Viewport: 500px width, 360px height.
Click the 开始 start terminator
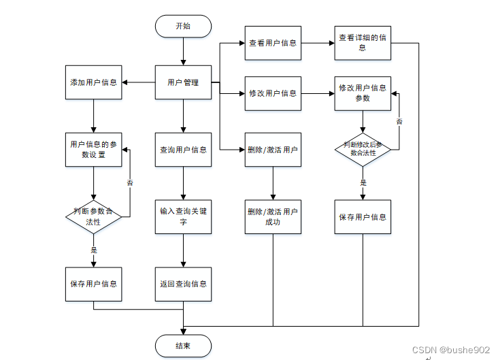pos(183,26)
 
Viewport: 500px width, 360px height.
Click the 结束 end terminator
pos(183,346)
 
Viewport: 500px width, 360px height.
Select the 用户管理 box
pos(183,82)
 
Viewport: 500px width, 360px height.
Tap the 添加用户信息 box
pos(93,82)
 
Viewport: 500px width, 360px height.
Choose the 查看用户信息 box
pos(273,43)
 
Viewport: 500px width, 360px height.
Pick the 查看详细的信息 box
pos(363,43)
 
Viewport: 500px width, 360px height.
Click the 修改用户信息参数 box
pos(363,93)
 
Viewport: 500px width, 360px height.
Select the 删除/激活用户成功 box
pos(273,217)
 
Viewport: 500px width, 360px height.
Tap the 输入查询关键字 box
pos(183,217)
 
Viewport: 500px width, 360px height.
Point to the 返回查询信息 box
pos(183,284)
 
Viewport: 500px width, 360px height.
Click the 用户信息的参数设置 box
pos(93,150)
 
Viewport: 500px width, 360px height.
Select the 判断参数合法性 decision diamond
pos(93,217)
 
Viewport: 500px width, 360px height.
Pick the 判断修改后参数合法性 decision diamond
pos(363,150)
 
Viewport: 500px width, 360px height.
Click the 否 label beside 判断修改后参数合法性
pos(399,122)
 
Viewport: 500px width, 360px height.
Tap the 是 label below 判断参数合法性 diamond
pos(94,250)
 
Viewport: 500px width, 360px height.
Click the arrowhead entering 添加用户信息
pos(124,82)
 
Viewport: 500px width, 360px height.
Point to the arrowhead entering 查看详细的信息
pos(332,43)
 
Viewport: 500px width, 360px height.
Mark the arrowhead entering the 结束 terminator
pos(183,331)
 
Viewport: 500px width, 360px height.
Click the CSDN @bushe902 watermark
pos(451,350)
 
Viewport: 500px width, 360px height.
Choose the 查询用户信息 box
pos(183,150)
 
